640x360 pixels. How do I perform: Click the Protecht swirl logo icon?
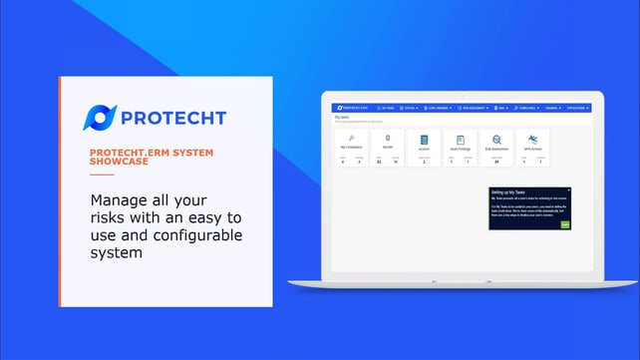click(100, 118)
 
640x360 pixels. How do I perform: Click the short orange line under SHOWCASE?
click(102, 174)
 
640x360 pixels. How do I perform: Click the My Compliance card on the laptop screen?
click(354, 148)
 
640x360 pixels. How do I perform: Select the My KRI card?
click(389, 148)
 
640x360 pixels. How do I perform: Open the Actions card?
click(424, 148)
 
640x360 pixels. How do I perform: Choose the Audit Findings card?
click(460, 148)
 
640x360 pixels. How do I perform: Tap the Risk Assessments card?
click(496, 148)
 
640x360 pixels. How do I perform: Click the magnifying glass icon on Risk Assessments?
click(496, 141)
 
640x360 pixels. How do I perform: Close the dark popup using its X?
click(568, 189)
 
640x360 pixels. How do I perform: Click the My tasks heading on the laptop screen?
click(342, 117)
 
